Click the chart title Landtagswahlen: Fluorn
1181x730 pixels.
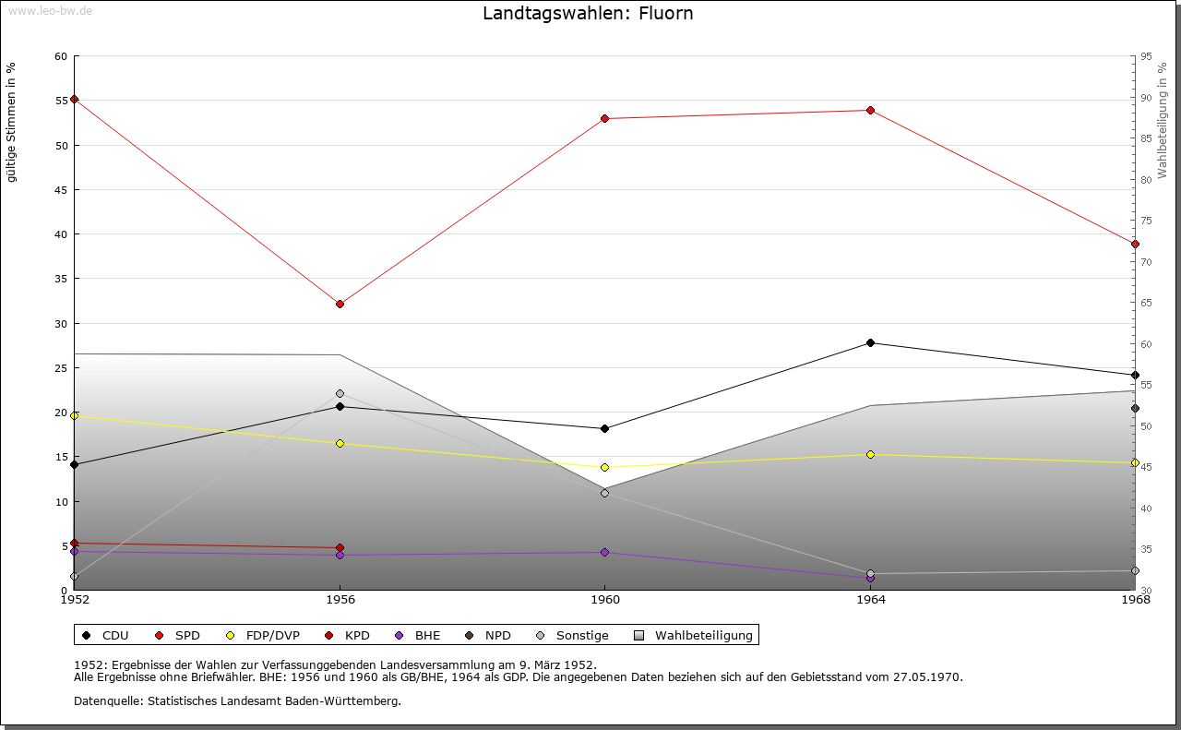(x=588, y=14)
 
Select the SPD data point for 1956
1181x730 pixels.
(x=340, y=304)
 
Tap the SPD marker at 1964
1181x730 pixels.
(x=870, y=111)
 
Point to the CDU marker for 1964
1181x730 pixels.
(x=870, y=343)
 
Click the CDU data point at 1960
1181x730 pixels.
(x=604, y=428)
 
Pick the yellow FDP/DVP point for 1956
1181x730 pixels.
(x=340, y=444)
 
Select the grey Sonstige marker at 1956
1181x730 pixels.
(x=340, y=393)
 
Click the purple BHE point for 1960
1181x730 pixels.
(x=604, y=553)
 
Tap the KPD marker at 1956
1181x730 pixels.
(x=340, y=548)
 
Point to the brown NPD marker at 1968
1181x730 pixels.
(x=1135, y=409)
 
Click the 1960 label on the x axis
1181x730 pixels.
(x=604, y=600)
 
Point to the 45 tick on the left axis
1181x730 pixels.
(x=62, y=190)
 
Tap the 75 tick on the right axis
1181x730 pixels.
(x=1146, y=221)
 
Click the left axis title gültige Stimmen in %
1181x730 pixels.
(x=12, y=122)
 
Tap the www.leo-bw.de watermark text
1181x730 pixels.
(x=46, y=10)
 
